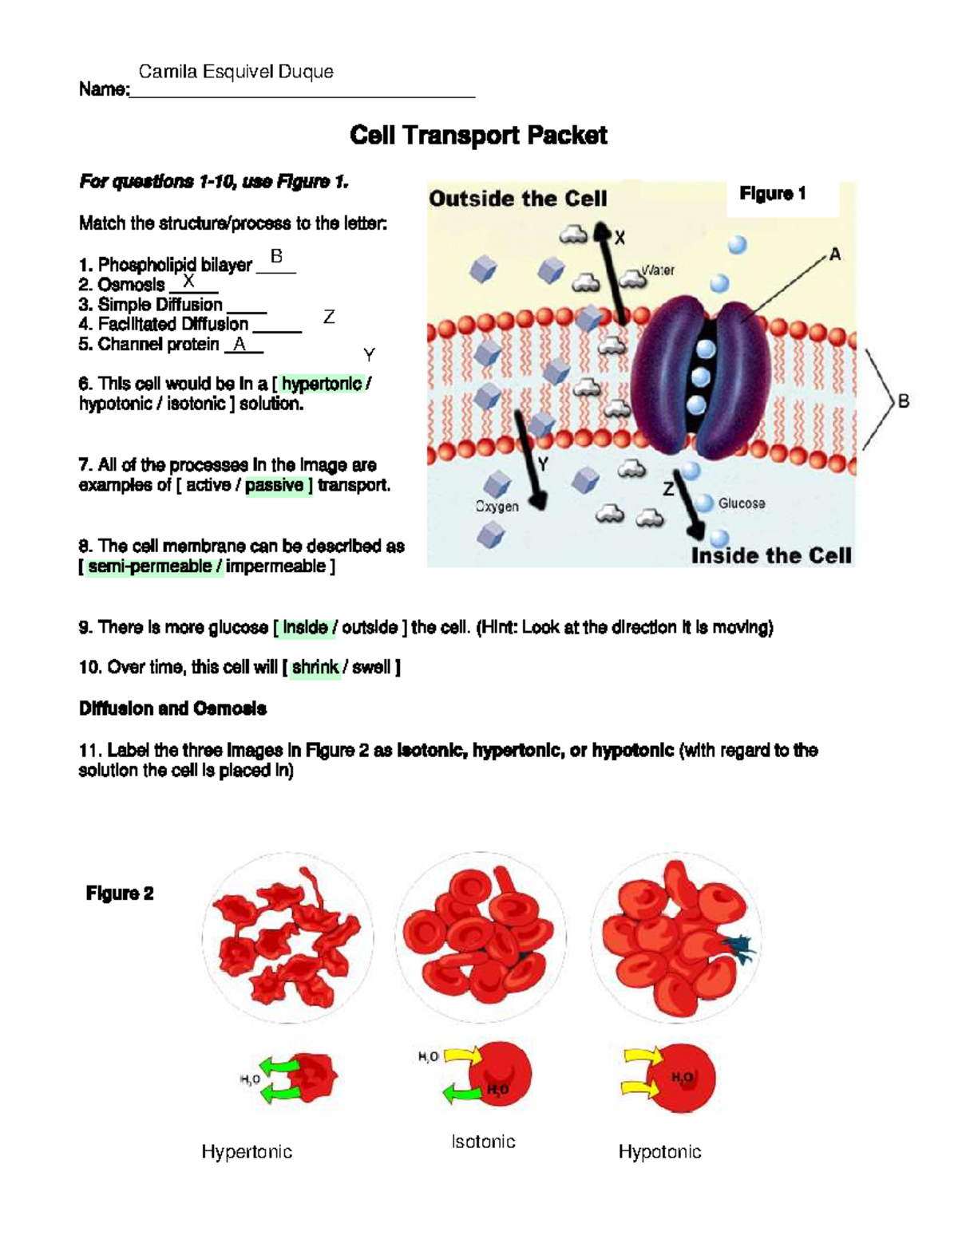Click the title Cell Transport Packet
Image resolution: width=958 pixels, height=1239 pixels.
(478, 136)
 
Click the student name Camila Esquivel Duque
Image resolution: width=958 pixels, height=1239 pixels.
(236, 72)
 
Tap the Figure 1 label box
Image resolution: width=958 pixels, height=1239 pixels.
(773, 194)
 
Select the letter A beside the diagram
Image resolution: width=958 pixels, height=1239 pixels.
(835, 255)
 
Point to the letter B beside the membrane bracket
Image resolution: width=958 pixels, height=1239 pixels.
(904, 401)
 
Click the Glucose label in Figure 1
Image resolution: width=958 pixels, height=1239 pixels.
(741, 503)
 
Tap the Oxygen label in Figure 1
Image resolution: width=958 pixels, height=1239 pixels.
(497, 507)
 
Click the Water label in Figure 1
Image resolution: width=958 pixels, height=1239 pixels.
(659, 270)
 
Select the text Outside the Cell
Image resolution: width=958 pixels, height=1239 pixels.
(518, 199)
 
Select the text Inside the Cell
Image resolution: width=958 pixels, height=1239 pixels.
(771, 555)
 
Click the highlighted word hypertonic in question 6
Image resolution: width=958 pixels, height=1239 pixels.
(322, 384)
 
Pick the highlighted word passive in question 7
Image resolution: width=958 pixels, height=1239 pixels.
(275, 485)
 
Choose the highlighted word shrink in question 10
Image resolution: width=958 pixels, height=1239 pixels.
(315, 667)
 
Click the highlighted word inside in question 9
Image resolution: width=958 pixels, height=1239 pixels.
(305, 628)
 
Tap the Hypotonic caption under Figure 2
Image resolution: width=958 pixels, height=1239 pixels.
(659, 1151)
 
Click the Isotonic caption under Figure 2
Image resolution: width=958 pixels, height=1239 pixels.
(483, 1142)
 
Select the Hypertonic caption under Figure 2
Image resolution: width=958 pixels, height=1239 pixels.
(247, 1151)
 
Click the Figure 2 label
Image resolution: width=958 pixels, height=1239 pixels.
(120, 894)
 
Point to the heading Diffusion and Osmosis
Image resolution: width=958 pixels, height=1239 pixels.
(172, 708)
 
